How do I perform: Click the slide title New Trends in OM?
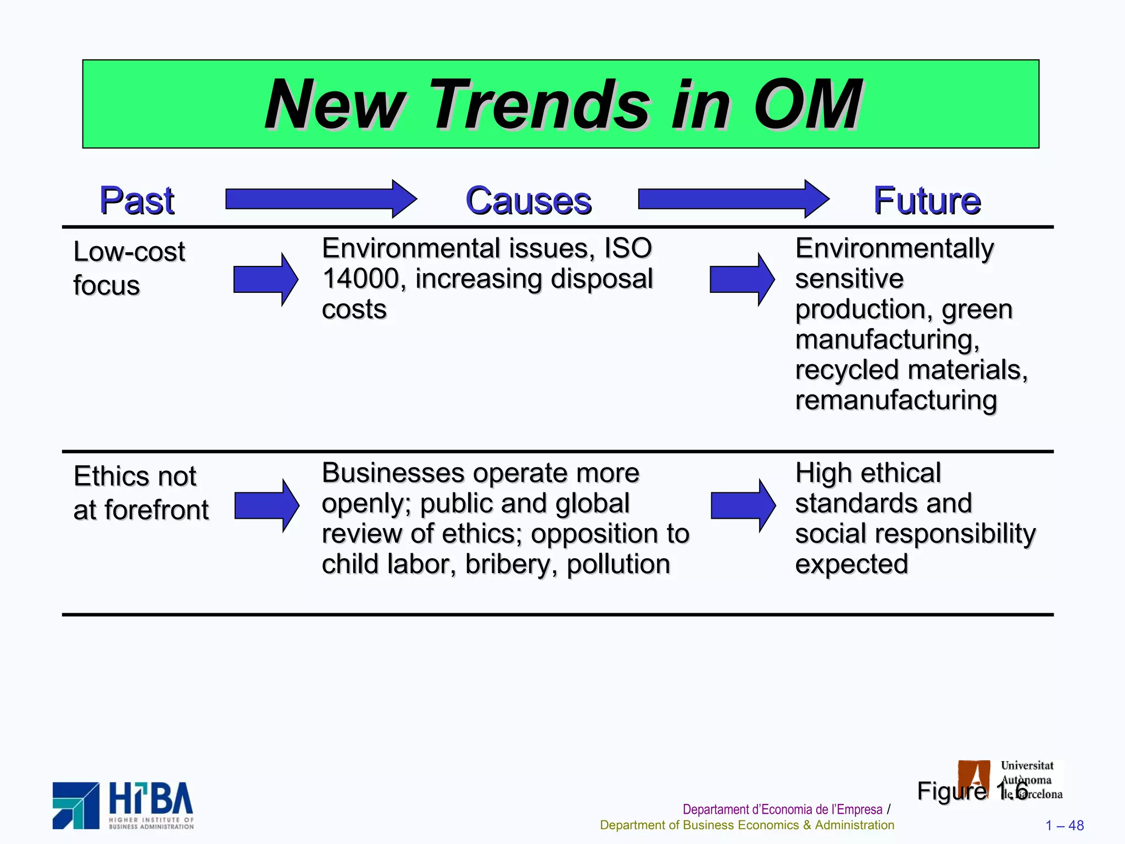(562, 104)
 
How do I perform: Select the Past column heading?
(137, 201)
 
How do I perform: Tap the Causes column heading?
(528, 201)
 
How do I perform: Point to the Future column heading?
(927, 201)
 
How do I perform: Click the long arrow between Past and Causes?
(320, 199)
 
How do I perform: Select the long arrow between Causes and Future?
(733, 199)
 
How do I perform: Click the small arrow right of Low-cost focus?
(265, 280)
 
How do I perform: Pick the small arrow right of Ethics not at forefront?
(266, 506)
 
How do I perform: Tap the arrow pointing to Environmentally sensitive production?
(742, 280)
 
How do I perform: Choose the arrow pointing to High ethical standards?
(743, 506)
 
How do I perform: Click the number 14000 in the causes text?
(361, 279)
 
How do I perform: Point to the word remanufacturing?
(895, 401)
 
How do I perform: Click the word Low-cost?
(129, 252)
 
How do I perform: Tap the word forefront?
(157, 510)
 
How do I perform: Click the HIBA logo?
(123, 806)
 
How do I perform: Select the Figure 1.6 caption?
(972, 791)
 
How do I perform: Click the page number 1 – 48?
(1064, 826)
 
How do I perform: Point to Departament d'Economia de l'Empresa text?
(782, 809)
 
